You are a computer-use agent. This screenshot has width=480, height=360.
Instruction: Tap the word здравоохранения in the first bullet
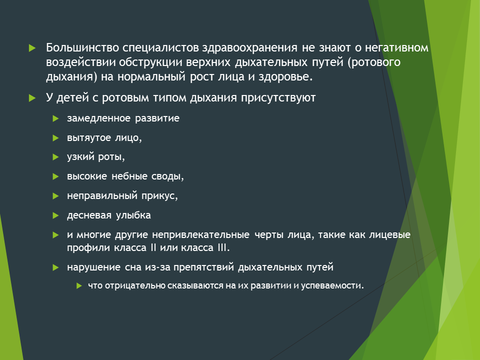(x=249, y=48)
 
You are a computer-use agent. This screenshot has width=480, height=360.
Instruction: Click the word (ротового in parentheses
(x=374, y=62)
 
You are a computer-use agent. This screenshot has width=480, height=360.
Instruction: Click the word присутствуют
(x=278, y=98)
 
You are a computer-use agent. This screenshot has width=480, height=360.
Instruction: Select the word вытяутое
(x=89, y=138)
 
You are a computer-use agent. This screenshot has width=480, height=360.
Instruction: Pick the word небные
(x=129, y=176)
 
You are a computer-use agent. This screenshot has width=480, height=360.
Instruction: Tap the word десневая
(x=89, y=215)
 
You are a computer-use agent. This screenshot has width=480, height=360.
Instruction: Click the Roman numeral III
(x=223, y=247)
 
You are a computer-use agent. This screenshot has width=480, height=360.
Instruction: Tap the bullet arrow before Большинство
(x=32, y=48)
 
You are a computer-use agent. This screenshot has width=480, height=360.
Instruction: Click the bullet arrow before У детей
(x=32, y=98)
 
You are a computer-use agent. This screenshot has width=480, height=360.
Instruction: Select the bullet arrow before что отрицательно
(x=79, y=286)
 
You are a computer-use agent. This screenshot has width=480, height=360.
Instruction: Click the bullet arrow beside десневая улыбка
(x=55, y=216)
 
